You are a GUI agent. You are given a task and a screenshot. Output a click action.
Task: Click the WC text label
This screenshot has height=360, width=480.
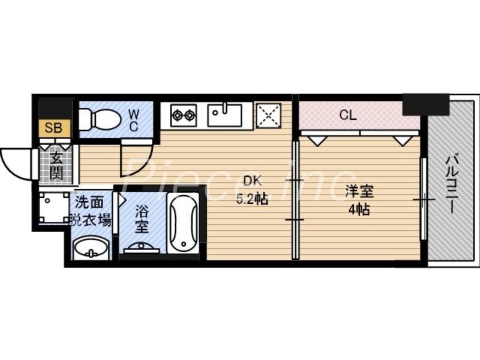[x=133, y=119]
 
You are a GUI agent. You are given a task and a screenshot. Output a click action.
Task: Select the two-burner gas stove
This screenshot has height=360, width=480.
[x=184, y=115]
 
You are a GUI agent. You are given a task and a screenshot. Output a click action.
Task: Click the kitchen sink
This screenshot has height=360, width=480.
[x=225, y=115]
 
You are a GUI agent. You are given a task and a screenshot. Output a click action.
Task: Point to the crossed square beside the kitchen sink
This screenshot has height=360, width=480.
[x=268, y=115]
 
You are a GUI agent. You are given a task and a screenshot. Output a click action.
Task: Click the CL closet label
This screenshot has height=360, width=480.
[x=348, y=115]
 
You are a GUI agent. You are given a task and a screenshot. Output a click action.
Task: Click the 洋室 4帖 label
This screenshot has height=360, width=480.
[x=359, y=200]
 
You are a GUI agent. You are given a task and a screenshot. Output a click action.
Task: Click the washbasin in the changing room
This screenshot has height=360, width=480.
[x=91, y=247]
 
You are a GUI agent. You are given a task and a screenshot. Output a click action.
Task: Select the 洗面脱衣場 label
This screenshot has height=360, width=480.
[x=91, y=212]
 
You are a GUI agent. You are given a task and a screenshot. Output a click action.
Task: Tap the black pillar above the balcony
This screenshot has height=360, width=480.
[x=425, y=104]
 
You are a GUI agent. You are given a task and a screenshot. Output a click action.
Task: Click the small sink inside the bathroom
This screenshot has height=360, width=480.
[x=142, y=246]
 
